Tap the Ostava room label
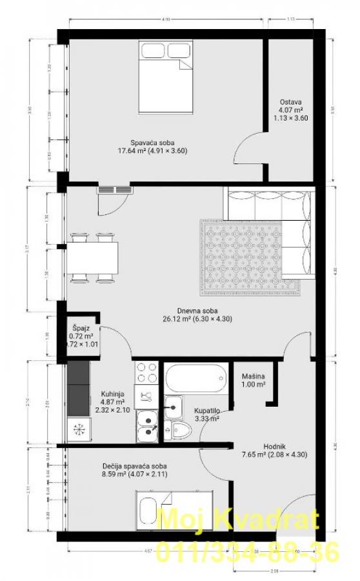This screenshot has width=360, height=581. coord(290,110)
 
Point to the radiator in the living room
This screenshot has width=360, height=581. coord(115,190)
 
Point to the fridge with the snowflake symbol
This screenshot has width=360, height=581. coord(80,429)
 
